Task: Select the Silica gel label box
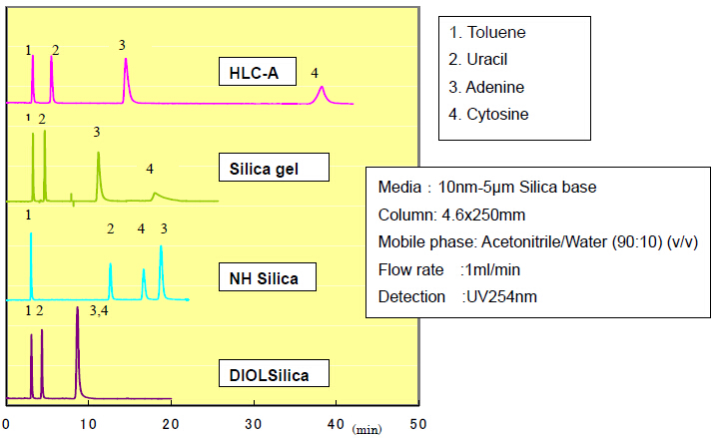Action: coord(272,170)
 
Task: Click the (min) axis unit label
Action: coord(366,429)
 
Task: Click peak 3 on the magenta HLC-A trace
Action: coord(126,62)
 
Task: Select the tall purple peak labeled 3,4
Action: coord(78,311)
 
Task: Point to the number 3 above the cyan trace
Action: coord(163,229)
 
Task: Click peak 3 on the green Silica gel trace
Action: coord(98,155)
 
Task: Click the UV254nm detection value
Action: coord(499,296)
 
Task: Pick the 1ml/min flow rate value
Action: coord(490,269)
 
